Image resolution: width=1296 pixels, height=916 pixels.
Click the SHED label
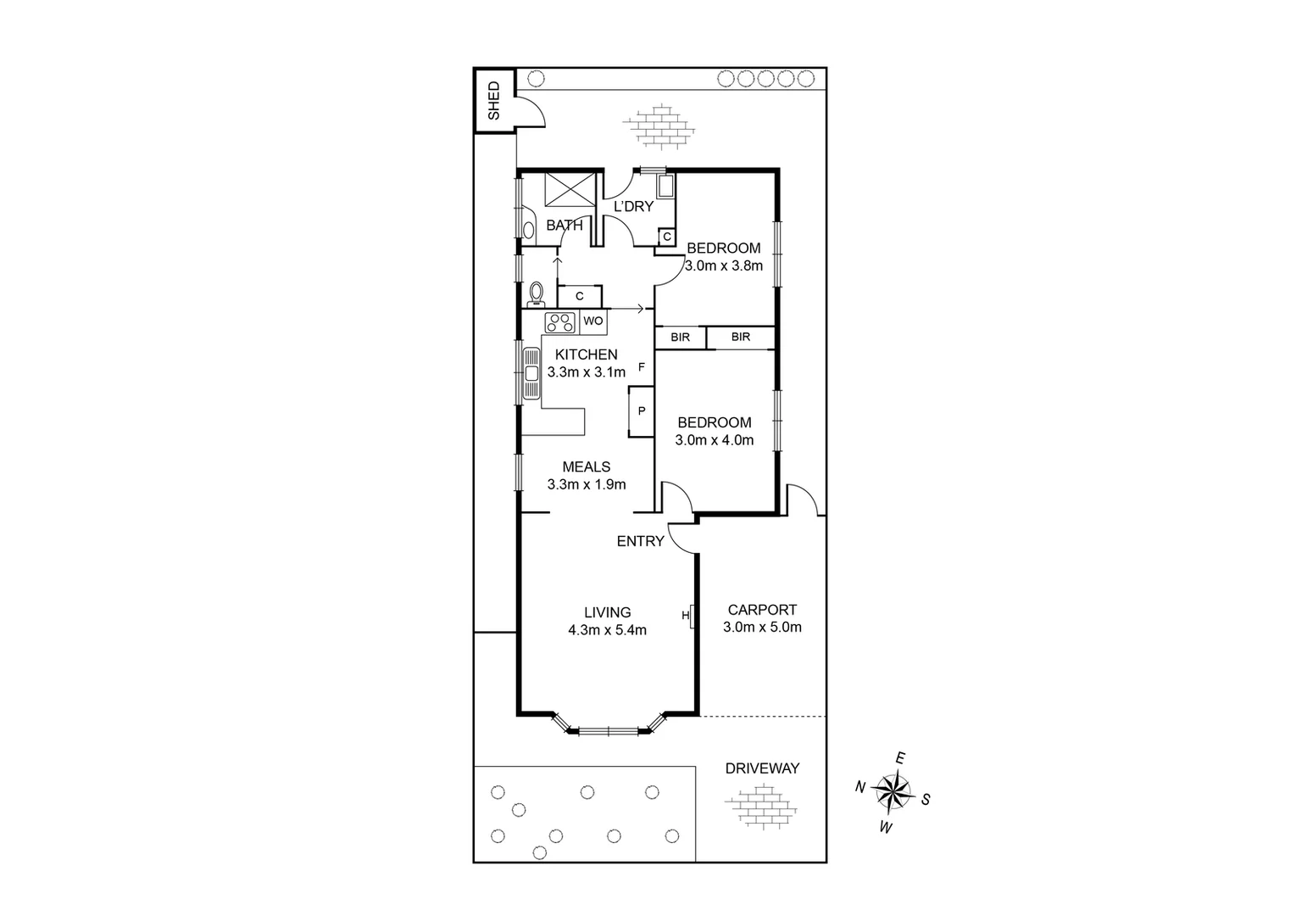coord(493,100)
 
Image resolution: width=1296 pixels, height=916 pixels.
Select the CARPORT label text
coord(762,609)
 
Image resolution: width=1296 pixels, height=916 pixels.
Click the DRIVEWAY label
coord(762,768)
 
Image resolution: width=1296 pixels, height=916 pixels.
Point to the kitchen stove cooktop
coord(559,321)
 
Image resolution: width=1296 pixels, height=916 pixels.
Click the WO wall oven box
coord(592,321)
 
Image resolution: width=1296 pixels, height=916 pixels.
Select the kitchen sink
coord(531,373)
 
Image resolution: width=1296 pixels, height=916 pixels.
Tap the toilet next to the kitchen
coord(536,293)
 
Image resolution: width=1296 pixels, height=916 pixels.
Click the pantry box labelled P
coord(641,411)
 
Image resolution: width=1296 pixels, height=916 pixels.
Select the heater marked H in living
coord(692,616)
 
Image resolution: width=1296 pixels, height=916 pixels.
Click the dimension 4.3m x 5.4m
coord(607,630)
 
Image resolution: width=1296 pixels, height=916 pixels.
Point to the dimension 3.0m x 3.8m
coord(723,265)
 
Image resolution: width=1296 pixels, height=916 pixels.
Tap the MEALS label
coord(587,466)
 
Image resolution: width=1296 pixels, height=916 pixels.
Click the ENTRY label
coord(640,541)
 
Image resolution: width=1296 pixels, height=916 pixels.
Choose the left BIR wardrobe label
coord(680,338)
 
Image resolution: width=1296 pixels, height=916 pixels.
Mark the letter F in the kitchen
coord(642,368)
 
